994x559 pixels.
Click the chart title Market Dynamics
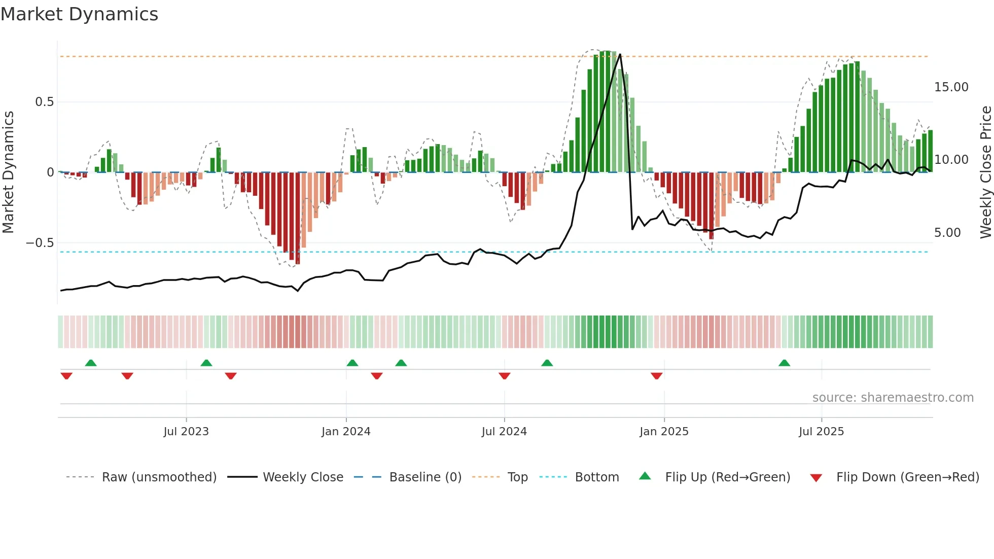pyautogui.click(x=80, y=14)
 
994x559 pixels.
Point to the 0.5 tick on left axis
pyautogui.click(x=45, y=102)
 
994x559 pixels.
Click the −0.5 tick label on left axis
pyautogui.click(x=40, y=243)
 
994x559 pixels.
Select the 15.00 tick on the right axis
pyautogui.click(x=951, y=87)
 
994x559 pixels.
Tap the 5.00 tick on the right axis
pyautogui.click(x=947, y=233)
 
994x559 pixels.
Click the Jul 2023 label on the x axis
pyautogui.click(x=186, y=432)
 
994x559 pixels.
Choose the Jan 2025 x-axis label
pyautogui.click(x=664, y=432)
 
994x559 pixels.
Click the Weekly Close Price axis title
pyautogui.click(x=985, y=172)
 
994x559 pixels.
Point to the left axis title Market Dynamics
pyautogui.click(x=8, y=172)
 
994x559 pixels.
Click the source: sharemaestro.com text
pyautogui.click(x=893, y=398)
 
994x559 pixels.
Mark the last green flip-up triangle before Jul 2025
pyautogui.click(x=784, y=363)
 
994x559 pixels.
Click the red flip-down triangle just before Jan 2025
pyautogui.click(x=656, y=376)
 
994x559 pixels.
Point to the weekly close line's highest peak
pyautogui.click(x=620, y=55)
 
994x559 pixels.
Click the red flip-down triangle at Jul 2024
pyautogui.click(x=504, y=376)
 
